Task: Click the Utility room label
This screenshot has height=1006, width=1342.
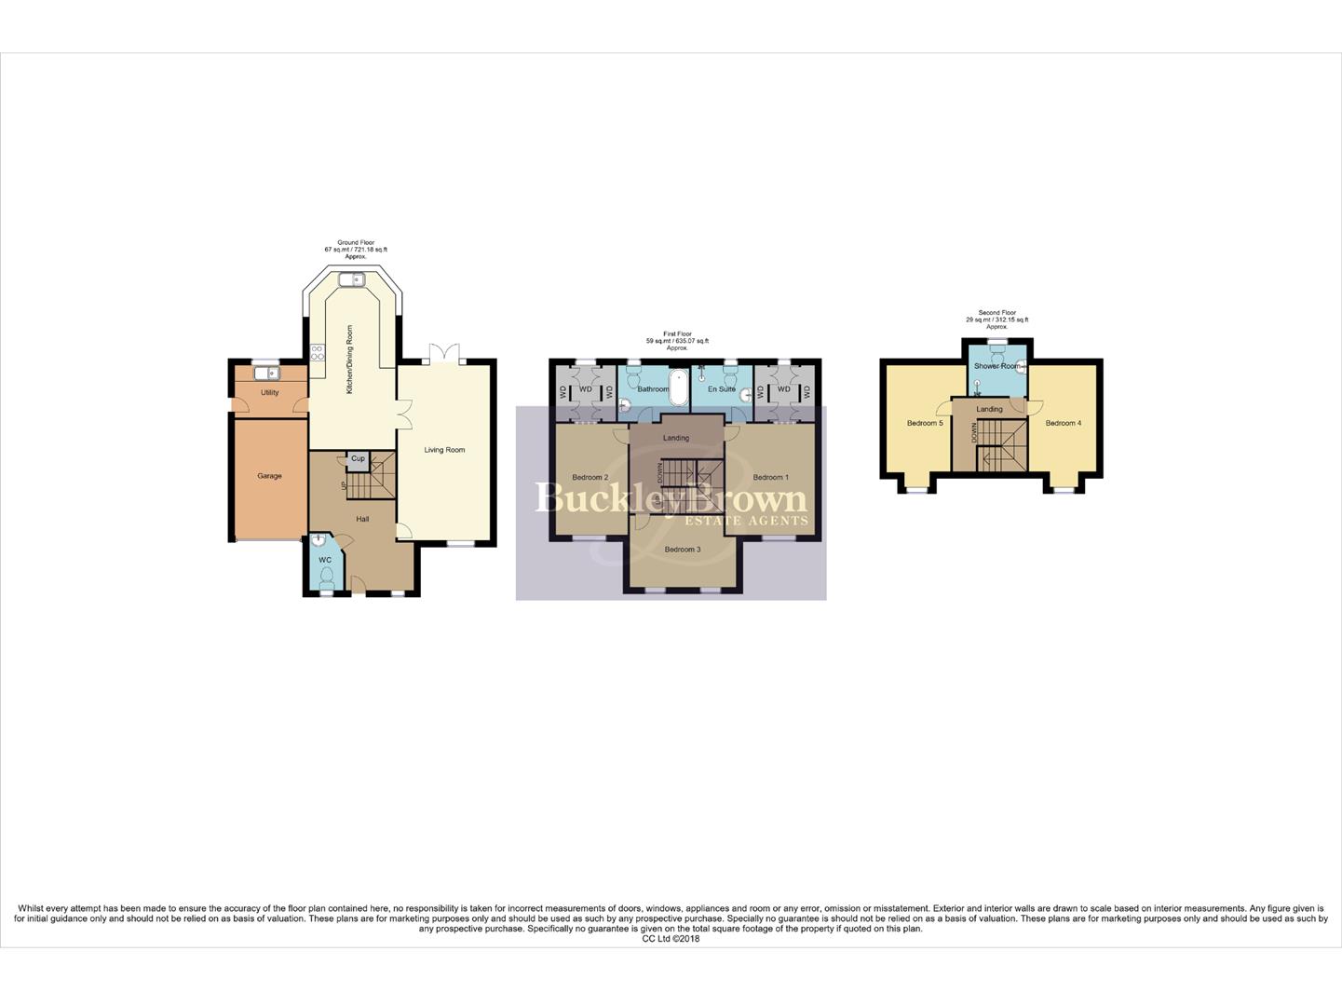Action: pyautogui.click(x=269, y=393)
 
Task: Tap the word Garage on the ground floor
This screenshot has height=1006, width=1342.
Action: pyautogui.click(x=269, y=476)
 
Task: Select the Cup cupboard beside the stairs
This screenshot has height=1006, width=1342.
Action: pyautogui.click(x=358, y=458)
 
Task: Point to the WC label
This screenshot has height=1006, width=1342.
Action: pyautogui.click(x=325, y=560)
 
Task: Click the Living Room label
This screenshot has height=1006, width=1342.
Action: pyautogui.click(x=444, y=450)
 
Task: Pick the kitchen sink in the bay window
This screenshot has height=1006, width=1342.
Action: pyautogui.click(x=352, y=279)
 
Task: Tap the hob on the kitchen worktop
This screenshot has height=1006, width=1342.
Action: pyautogui.click(x=317, y=351)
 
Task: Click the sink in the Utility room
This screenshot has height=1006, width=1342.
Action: pyautogui.click(x=265, y=374)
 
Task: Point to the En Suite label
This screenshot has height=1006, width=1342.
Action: pyautogui.click(x=722, y=389)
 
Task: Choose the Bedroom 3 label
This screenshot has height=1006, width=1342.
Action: pyautogui.click(x=682, y=550)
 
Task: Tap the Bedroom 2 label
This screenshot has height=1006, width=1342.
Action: pyautogui.click(x=590, y=478)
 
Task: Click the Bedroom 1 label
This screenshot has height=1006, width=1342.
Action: pyautogui.click(x=770, y=478)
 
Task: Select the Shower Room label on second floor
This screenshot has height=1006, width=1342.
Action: pyautogui.click(x=996, y=366)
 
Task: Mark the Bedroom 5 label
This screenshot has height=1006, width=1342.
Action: pyautogui.click(x=925, y=424)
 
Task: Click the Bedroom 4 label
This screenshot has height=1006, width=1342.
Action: pyautogui.click(x=1063, y=424)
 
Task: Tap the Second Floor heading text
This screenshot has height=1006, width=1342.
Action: pyautogui.click(x=996, y=313)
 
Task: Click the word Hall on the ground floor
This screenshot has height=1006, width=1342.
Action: pyautogui.click(x=362, y=519)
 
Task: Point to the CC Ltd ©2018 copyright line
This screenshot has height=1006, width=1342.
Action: pyautogui.click(x=671, y=939)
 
